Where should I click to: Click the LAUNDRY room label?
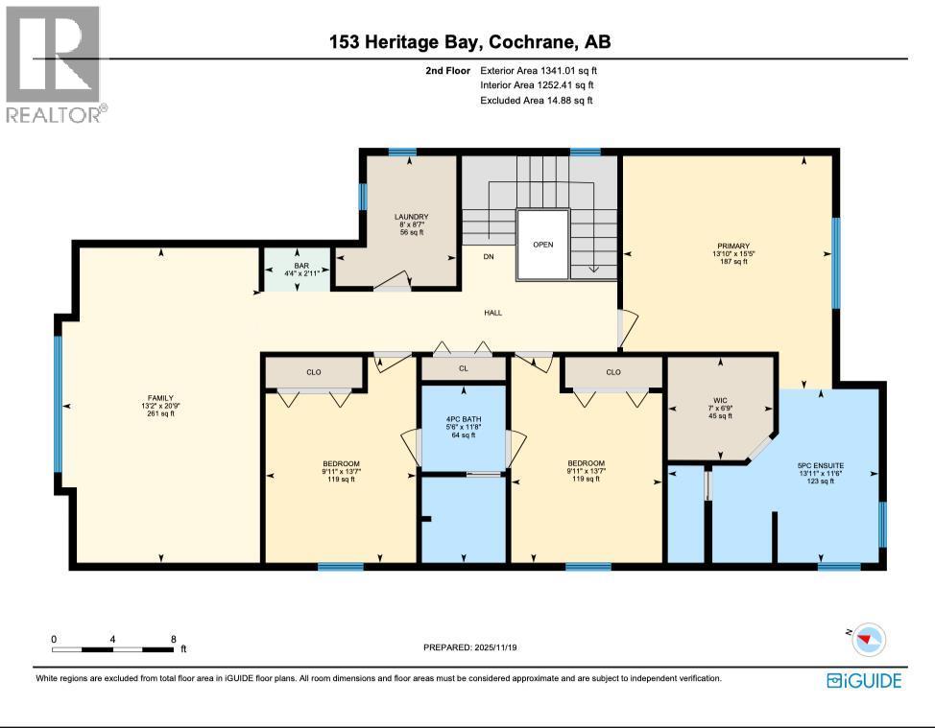(411, 217)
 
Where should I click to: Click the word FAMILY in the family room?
(159, 397)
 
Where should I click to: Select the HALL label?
(492, 313)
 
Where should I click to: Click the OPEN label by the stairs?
(543, 245)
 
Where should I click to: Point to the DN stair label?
(489, 257)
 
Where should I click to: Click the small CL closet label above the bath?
(463, 367)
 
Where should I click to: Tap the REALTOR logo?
(54, 64)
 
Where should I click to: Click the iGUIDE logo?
(864, 681)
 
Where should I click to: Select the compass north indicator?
(869, 638)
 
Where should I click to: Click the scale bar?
(113, 649)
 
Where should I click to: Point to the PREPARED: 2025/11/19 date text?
(473, 647)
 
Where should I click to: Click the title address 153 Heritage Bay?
(470, 42)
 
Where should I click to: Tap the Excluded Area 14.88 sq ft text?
(537, 101)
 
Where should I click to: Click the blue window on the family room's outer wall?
(58, 404)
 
